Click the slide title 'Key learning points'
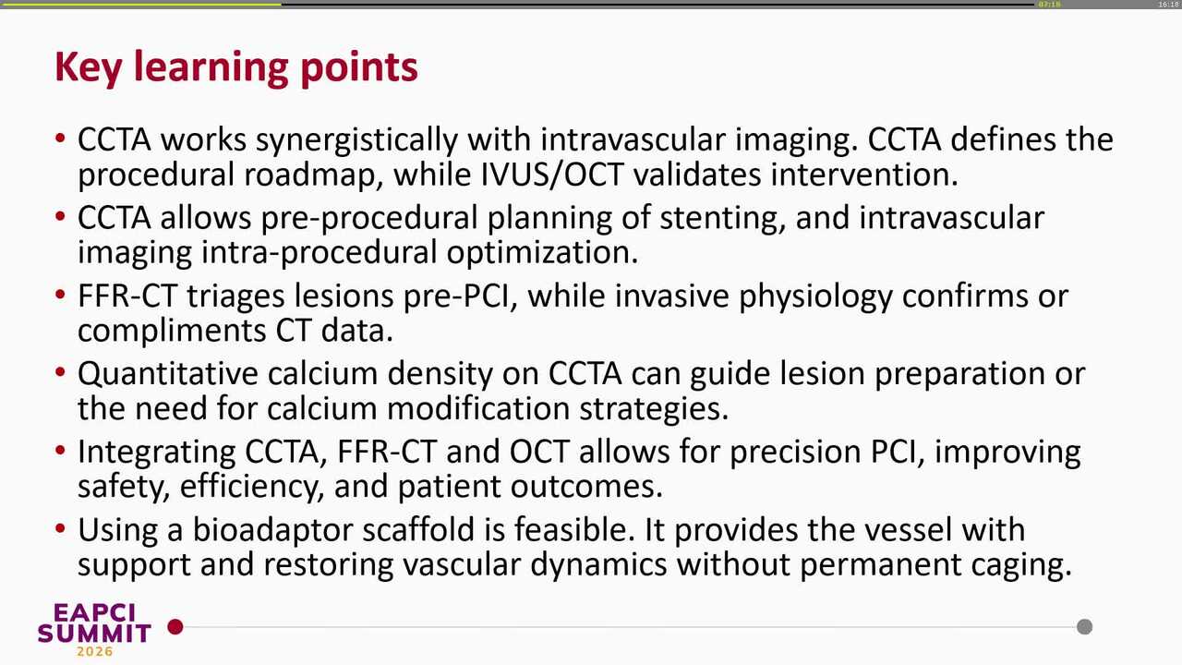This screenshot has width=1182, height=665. (236, 67)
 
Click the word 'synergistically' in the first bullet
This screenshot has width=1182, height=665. (356, 140)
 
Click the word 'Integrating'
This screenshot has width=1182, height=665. (156, 453)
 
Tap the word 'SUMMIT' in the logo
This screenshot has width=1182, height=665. (94, 633)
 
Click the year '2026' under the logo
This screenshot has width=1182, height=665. (94, 652)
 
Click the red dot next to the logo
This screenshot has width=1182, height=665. (175, 627)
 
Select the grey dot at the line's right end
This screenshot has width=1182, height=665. (1085, 627)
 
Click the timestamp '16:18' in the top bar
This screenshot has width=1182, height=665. (1167, 5)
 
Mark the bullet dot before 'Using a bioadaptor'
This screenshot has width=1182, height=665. (60, 531)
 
